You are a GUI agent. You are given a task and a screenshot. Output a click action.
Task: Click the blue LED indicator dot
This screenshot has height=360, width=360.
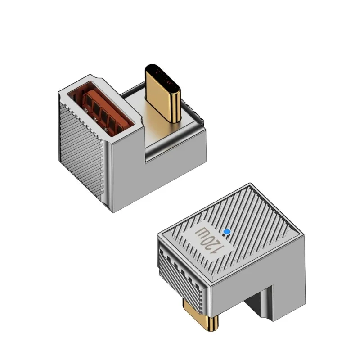tap(227, 232)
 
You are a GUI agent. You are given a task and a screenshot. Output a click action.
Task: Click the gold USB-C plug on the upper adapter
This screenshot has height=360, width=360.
tap(163, 93)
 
